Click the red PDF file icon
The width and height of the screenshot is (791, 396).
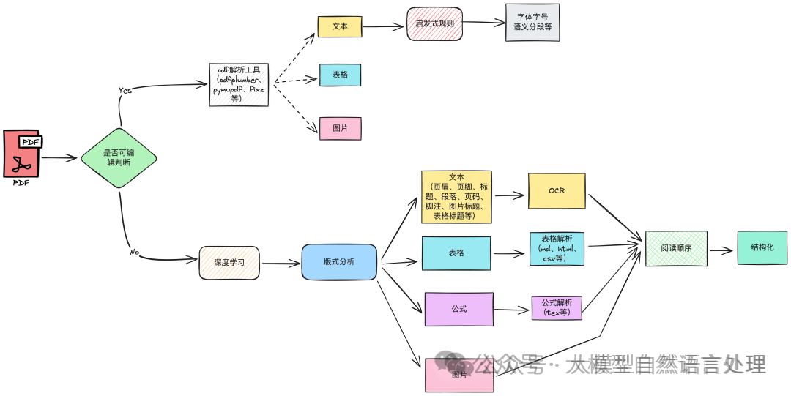pyautogui.click(x=22, y=154)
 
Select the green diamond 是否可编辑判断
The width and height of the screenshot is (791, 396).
pyautogui.click(x=118, y=158)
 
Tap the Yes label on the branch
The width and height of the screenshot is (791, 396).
pyautogui.click(x=125, y=90)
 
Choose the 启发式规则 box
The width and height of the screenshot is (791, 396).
pyautogui.click(x=435, y=23)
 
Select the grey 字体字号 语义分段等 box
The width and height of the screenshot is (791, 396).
pyautogui.click(x=532, y=23)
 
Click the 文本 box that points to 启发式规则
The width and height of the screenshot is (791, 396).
pyautogui.click(x=340, y=26)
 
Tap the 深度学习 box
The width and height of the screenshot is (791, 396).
pyautogui.click(x=229, y=263)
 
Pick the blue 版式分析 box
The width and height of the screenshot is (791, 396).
pyautogui.click(x=339, y=262)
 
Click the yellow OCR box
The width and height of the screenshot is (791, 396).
pyautogui.click(x=557, y=190)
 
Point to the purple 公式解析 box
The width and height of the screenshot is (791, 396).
pyautogui.click(x=557, y=307)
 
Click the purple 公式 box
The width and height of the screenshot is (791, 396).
pyautogui.click(x=458, y=309)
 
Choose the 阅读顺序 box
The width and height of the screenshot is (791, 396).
pyautogui.click(x=676, y=249)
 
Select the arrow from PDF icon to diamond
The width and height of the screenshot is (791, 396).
pyautogui.click(x=59, y=157)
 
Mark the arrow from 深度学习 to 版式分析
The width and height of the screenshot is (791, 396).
pyautogui.click(x=280, y=263)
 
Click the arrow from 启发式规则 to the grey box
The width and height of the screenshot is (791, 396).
pyautogui.click(x=483, y=23)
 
